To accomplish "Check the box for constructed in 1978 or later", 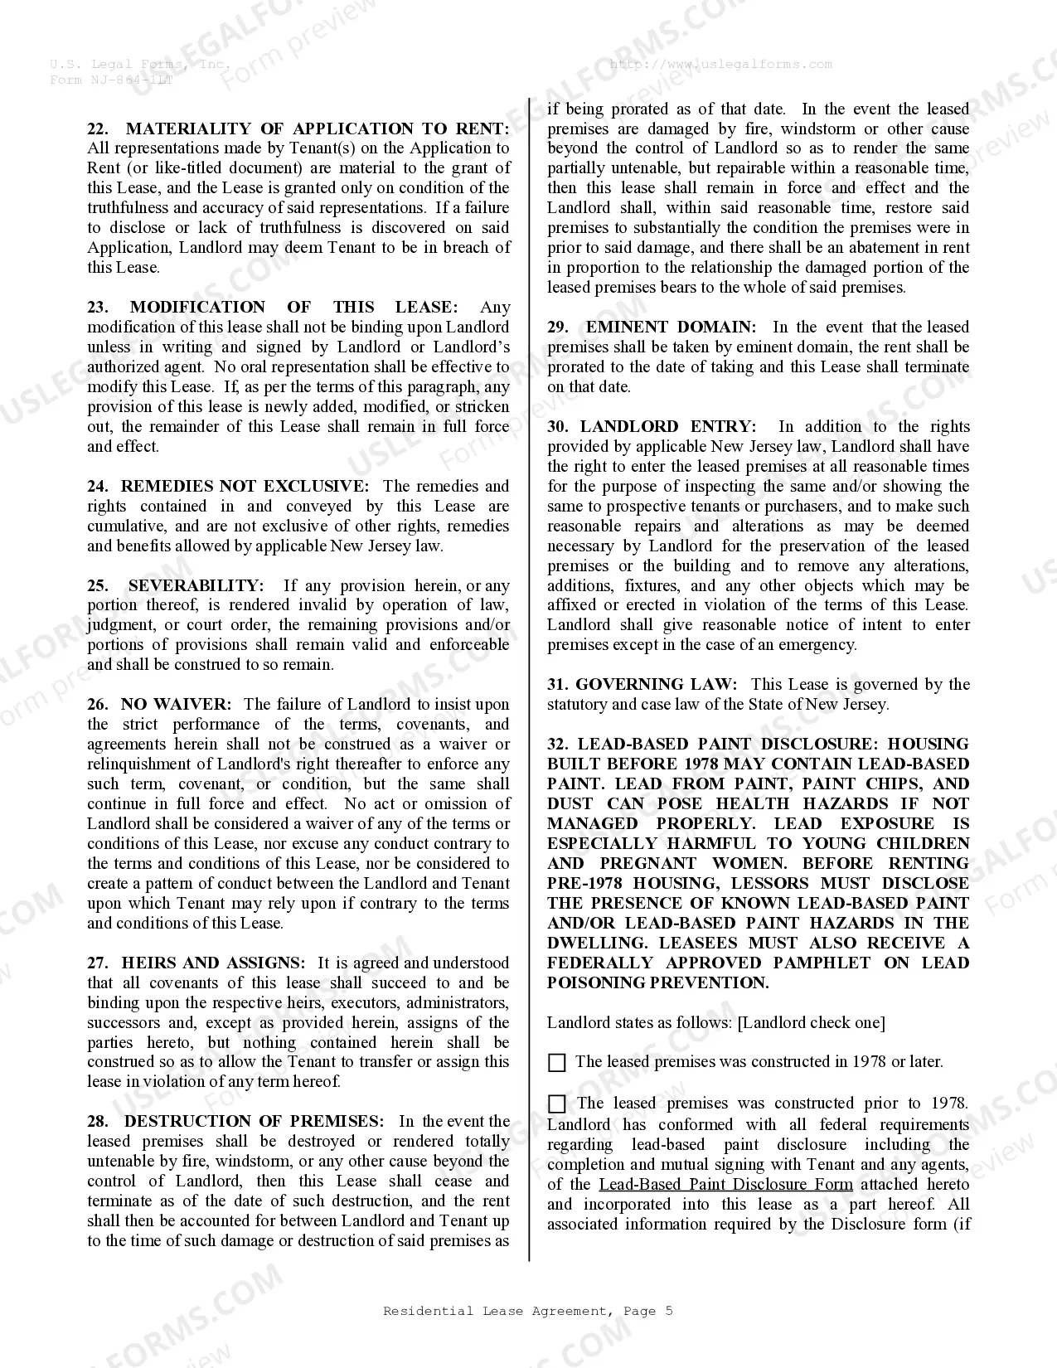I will [x=557, y=1063].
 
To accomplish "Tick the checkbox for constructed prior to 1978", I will [x=557, y=1104].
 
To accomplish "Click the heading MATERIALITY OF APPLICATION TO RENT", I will [x=318, y=129].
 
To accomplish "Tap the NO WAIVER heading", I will [x=177, y=705].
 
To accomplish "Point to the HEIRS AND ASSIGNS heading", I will [x=213, y=963].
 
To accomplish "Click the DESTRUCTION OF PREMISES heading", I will [x=254, y=1122].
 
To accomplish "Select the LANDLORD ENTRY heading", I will [x=667, y=427].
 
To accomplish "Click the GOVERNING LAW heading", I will [x=656, y=685].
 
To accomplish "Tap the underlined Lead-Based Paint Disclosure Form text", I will [x=725, y=1185].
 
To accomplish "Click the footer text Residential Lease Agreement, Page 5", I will [x=528, y=1312].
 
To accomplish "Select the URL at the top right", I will [x=720, y=64].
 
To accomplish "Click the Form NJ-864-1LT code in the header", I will [x=112, y=80].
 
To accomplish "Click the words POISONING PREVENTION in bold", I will [x=657, y=983].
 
